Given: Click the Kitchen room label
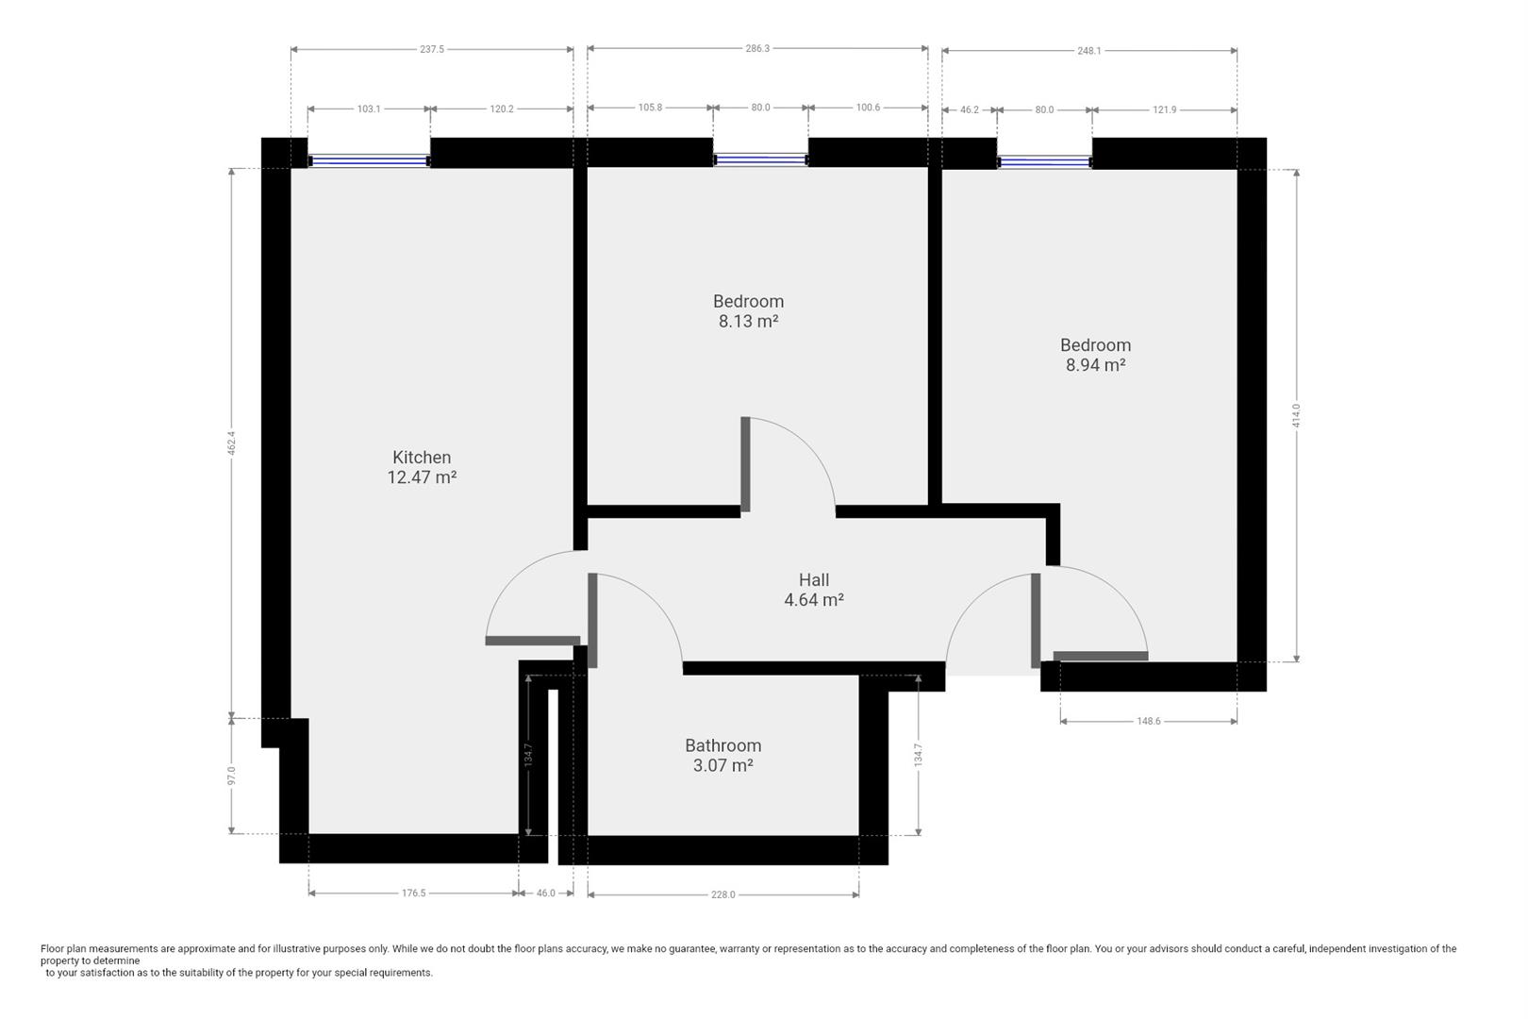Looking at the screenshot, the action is coord(422,458).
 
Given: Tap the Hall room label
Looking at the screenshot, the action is coord(814,580).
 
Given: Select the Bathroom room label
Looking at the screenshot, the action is coord(723,745).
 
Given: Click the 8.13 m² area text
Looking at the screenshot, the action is coord(748,321).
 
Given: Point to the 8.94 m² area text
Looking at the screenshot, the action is coord(1095,364).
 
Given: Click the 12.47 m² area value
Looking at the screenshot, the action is coord(422,477).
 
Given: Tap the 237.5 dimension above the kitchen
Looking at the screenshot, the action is coord(432,49).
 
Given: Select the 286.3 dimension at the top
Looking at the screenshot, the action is coord(757,48).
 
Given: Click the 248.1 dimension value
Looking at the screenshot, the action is coord(1089,51).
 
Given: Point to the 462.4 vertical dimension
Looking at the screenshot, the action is coord(231,443).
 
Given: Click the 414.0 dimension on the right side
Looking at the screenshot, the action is coord(1296,416).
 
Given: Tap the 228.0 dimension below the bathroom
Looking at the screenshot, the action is coord(723,894).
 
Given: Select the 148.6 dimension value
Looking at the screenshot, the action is coord(1149,721).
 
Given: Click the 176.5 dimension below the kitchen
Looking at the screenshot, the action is coord(413,893).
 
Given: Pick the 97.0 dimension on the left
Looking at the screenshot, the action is coord(231,776).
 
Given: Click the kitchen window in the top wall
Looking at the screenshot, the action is coord(369,160).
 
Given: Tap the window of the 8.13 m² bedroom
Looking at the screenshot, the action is coord(761,159).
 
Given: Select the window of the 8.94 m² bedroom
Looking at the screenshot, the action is coord(1044,161).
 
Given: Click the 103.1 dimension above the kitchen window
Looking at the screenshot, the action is coord(369,109).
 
